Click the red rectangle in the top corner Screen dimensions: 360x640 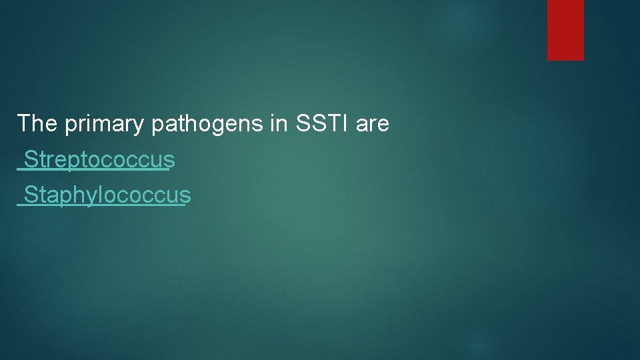(565, 30)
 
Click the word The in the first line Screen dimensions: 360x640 (37, 123)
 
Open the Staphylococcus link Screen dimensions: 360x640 (103, 196)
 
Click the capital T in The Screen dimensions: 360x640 (23, 123)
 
